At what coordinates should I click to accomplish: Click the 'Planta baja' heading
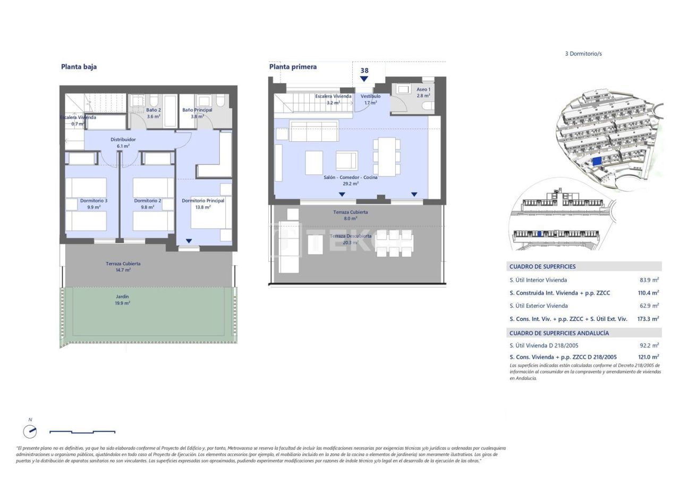[x=79, y=67]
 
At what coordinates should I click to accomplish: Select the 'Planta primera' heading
[x=293, y=67]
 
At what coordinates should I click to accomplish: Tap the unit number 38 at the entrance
[x=364, y=70]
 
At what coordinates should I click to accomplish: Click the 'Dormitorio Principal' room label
[x=203, y=201]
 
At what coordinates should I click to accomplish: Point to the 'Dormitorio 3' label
[x=93, y=201]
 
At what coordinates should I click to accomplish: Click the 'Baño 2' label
[x=153, y=110]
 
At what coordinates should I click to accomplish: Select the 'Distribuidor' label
[x=123, y=139]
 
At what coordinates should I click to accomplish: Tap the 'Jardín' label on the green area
[x=123, y=297]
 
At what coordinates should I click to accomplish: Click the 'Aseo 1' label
[x=423, y=89]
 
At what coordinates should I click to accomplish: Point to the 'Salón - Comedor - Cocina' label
[x=350, y=178]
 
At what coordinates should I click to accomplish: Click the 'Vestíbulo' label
[x=371, y=96]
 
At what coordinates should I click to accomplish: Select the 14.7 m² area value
[x=123, y=270]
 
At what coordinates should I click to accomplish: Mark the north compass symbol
[x=30, y=431]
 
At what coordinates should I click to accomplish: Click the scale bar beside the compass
[x=82, y=432]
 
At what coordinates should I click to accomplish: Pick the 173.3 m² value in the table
[x=648, y=319]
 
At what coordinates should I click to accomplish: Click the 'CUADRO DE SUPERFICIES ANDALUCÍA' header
[x=559, y=333]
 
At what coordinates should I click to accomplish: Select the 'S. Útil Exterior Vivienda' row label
[x=538, y=306]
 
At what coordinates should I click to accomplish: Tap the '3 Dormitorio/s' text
[x=583, y=54]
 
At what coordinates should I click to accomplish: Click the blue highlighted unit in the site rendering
[x=597, y=161]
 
